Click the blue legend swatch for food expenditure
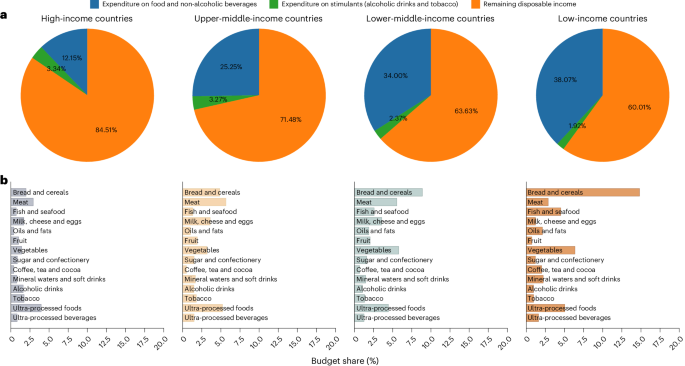click(96, 5)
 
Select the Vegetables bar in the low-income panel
click(551, 250)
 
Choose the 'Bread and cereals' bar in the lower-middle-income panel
click(389, 192)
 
